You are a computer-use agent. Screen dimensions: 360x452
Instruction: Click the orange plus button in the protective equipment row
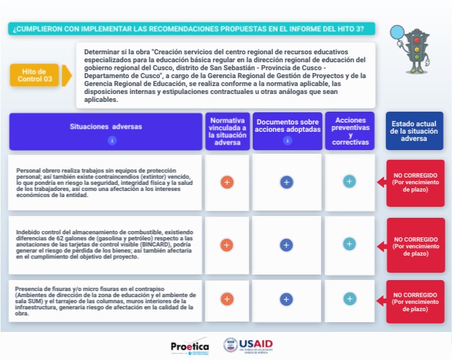pyautogui.click(x=227, y=182)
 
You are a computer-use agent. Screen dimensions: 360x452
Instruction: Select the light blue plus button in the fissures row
pyautogui.click(x=349, y=299)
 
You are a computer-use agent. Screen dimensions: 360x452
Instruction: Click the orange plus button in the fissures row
pyautogui.click(x=227, y=299)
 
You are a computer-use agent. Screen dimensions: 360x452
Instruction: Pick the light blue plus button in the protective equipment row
pyautogui.click(x=349, y=181)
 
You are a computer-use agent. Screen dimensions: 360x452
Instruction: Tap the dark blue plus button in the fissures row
pyautogui.click(x=286, y=300)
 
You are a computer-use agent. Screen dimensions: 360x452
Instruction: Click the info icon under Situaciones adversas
pyautogui.click(x=112, y=140)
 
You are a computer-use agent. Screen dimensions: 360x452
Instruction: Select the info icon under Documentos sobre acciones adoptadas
pyautogui.click(x=287, y=140)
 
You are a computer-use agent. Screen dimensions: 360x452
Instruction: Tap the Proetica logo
pyautogui.click(x=189, y=346)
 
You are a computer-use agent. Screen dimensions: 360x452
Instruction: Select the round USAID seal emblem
pyautogui.click(x=231, y=345)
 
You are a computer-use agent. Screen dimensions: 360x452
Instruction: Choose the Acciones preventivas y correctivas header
pyautogui.click(x=349, y=131)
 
